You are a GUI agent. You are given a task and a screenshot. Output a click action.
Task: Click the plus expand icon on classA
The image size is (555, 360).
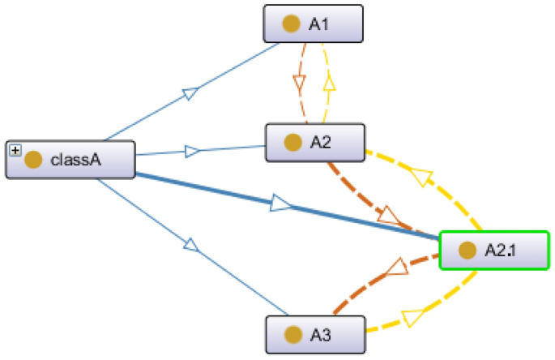pos(14,151)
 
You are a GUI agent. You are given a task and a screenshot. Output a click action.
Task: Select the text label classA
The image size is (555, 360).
pos(75,159)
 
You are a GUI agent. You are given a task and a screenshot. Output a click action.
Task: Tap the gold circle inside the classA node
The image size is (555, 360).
pos(33,159)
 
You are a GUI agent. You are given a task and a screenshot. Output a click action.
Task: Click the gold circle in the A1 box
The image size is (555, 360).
pos(291,24)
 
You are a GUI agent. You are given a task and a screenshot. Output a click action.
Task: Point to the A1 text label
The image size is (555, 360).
pos(318,24)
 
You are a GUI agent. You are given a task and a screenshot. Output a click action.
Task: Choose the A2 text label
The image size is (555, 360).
pos(320,143)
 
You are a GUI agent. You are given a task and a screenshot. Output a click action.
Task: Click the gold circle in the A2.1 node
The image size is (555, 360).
pos(466,251)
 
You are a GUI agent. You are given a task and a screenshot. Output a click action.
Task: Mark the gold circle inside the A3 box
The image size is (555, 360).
pos(293,334)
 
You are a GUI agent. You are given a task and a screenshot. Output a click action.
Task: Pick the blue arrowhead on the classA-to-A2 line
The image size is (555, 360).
pos(192,151)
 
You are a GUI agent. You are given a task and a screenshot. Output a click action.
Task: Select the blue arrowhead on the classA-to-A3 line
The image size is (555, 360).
pos(190,244)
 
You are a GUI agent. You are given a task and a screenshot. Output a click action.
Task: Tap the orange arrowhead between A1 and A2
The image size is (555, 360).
pos(298,84)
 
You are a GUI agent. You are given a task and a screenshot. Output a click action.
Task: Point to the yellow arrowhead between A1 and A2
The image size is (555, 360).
pos(329,83)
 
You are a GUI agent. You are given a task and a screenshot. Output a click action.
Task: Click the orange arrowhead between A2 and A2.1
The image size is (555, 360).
pos(390,216)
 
